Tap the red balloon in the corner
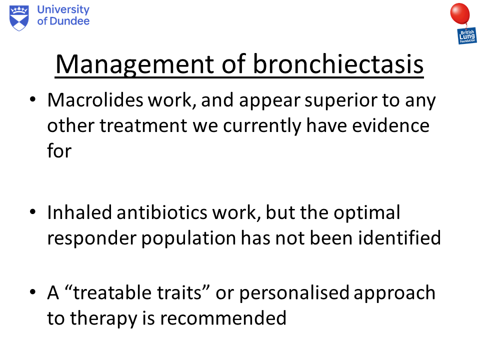click(x=460, y=13)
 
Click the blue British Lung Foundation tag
click(x=467, y=35)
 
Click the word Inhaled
click(x=80, y=212)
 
